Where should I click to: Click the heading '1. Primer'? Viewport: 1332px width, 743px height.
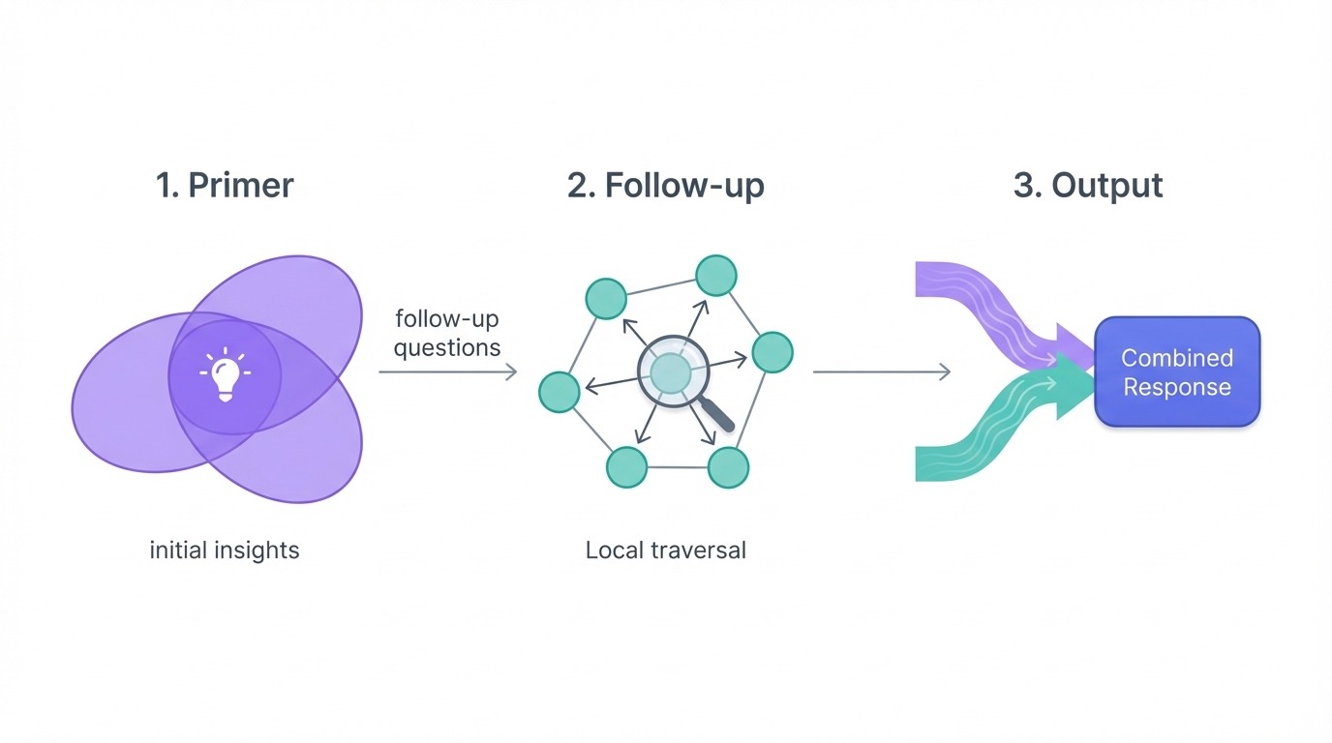pyautogui.click(x=225, y=185)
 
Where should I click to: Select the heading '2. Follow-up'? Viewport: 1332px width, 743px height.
pyautogui.click(x=665, y=185)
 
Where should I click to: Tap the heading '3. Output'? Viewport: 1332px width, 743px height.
pyautogui.click(x=1088, y=185)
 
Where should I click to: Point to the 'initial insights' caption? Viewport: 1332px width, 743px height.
pyautogui.click(x=225, y=550)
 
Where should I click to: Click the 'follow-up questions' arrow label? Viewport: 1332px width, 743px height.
pyautogui.click(x=446, y=333)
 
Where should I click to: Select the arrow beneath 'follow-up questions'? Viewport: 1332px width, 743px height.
pyautogui.click(x=447, y=371)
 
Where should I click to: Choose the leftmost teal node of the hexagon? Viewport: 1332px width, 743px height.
pyautogui.click(x=559, y=391)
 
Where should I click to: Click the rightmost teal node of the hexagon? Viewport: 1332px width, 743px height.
pyautogui.click(x=772, y=352)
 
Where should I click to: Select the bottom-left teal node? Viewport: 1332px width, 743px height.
pyautogui.click(x=626, y=467)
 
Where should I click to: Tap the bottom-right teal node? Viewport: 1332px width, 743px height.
pyautogui.click(x=728, y=467)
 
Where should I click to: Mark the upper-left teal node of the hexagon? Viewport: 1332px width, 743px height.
pyautogui.click(x=607, y=298)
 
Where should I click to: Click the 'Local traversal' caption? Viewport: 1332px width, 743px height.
pyautogui.click(x=665, y=550)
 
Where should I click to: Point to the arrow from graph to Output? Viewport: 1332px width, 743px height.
pyautogui.click(x=881, y=371)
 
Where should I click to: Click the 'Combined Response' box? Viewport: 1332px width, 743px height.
pyautogui.click(x=1176, y=372)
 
